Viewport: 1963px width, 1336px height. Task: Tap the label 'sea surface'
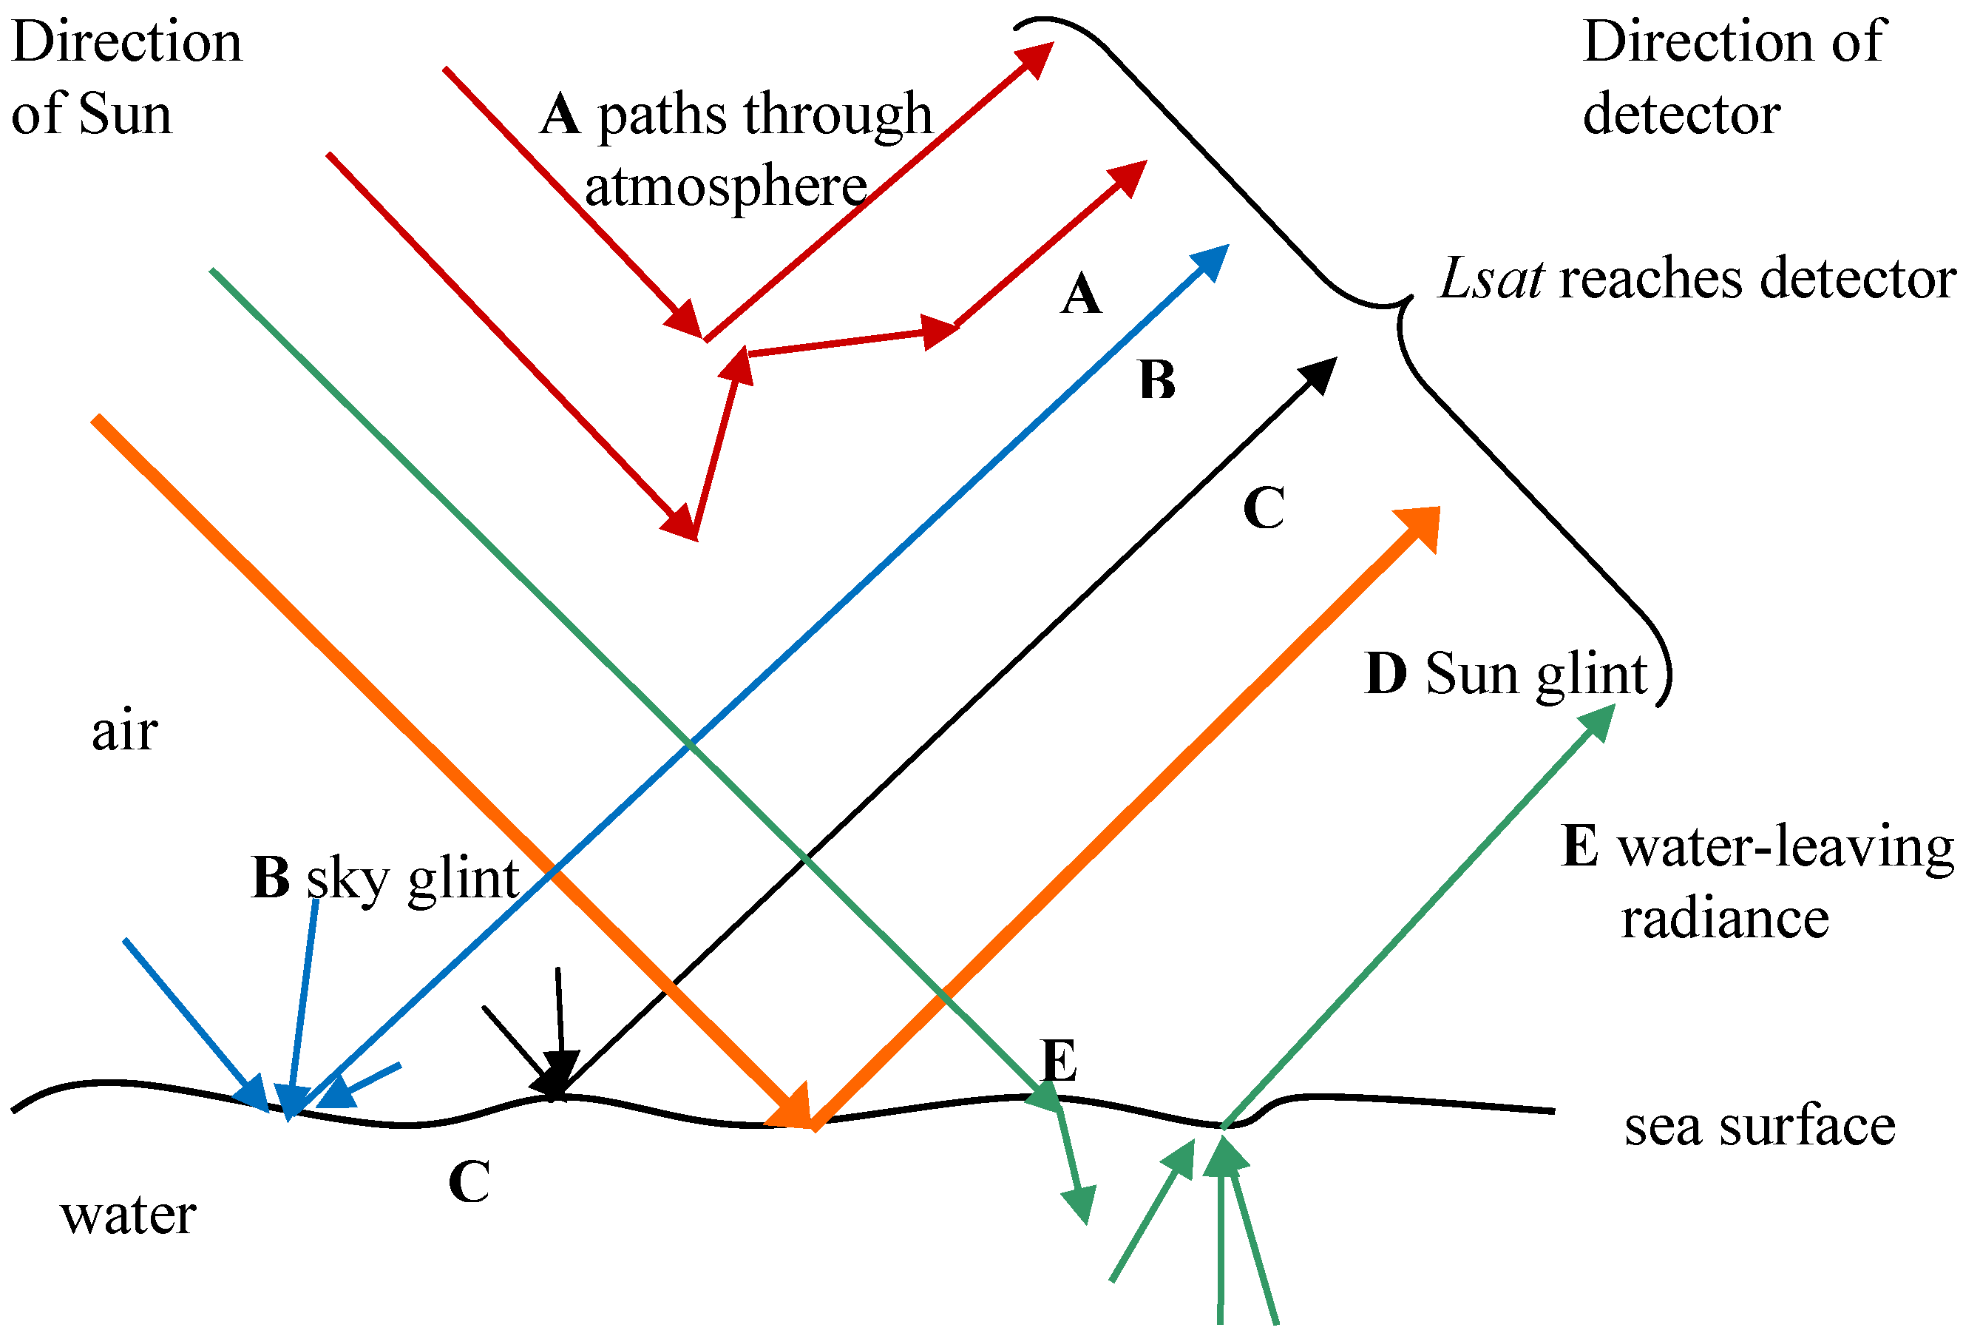click(x=1760, y=1127)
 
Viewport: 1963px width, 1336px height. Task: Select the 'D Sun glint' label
click(x=1505, y=675)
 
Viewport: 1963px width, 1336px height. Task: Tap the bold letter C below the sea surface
click(x=469, y=1181)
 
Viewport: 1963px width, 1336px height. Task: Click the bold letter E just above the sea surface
click(x=1060, y=1062)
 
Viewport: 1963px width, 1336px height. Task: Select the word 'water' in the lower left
click(x=129, y=1215)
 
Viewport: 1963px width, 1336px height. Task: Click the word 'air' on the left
click(x=124, y=731)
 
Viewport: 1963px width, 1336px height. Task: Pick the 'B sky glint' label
click(x=385, y=879)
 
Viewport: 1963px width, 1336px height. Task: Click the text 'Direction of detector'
click(x=1732, y=78)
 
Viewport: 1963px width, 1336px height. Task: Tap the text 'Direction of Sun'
click(x=126, y=78)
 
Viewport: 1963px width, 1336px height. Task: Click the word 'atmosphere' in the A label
click(x=725, y=186)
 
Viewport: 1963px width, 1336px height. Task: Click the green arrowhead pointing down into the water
click(x=1080, y=1201)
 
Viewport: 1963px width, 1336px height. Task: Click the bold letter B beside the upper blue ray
click(x=1156, y=380)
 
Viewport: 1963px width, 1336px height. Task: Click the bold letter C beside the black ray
click(x=1264, y=509)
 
